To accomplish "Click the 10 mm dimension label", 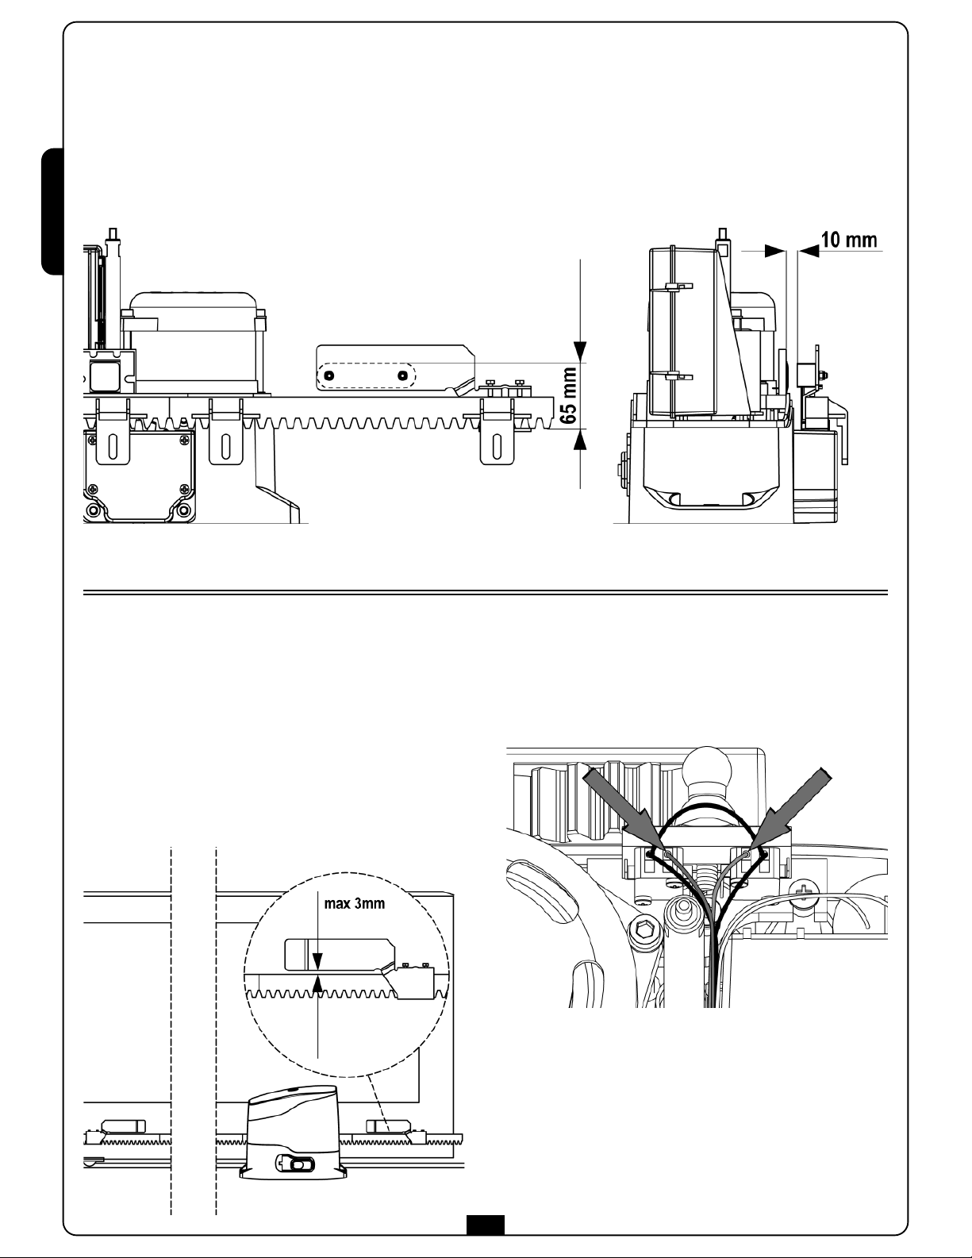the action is (x=849, y=240).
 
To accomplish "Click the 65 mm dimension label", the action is (x=570, y=395).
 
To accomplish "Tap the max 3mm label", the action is (x=354, y=904).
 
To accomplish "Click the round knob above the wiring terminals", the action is (x=706, y=769).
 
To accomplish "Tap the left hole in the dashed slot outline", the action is (x=328, y=375).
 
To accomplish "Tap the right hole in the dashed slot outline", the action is (x=401, y=375).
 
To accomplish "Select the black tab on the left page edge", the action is (x=52, y=212).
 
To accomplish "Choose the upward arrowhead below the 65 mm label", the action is (x=580, y=440).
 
